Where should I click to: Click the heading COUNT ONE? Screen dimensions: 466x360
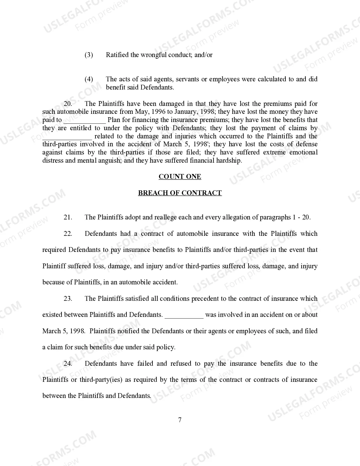[x=180, y=177]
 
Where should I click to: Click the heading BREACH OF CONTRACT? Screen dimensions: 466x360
[x=180, y=193]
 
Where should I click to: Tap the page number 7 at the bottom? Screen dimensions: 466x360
[x=180, y=420]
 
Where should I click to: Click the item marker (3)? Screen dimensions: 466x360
[x=89, y=55]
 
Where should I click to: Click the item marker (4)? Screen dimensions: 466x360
[x=89, y=79]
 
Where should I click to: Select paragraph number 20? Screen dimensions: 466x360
[x=68, y=104]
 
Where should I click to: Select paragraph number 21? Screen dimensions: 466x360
[x=68, y=217]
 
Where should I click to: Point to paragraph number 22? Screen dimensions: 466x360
[x=68, y=234]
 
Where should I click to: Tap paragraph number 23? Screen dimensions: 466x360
[x=68, y=299]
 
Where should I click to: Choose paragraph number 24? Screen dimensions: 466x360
[x=68, y=363]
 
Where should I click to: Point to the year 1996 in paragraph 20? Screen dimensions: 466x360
[x=158, y=112]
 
